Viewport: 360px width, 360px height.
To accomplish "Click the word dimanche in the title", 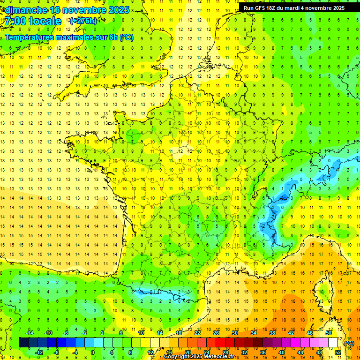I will [x=26, y=10].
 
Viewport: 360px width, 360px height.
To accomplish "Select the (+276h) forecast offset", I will [x=83, y=21].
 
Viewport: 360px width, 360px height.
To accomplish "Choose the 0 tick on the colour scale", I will [x=93, y=352].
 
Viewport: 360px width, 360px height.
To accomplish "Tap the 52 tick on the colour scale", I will [x=337, y=352].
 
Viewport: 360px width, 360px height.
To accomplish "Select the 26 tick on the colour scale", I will [x=216, y=333].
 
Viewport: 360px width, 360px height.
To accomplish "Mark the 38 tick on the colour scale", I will [x=272, y=333].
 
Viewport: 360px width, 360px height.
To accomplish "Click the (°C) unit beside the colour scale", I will [x=349, y=343].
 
